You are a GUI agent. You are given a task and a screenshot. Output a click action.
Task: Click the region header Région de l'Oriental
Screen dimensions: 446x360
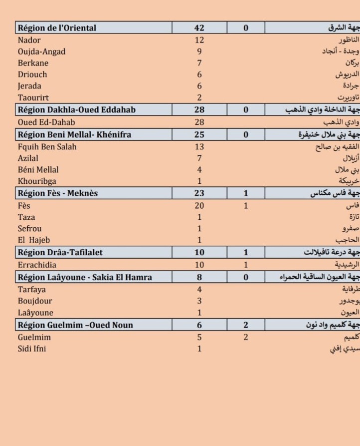click(57, 28)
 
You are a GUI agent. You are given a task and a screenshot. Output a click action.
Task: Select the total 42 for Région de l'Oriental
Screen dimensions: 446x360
click(199, 28)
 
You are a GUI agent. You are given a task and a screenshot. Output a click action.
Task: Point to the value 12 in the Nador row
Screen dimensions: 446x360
click(199, 40)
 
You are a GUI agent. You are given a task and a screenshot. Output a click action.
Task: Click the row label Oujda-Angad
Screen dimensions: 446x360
click(41, 51)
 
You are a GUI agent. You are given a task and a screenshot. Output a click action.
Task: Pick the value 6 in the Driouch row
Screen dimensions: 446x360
click(199, 74)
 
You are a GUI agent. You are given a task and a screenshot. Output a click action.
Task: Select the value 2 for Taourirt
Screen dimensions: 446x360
click(199, 97)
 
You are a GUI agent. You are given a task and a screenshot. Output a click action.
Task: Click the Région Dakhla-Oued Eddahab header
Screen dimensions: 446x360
click(76, 109)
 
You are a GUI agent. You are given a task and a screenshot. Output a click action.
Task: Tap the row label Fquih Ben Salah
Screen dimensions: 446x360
click(47, 147)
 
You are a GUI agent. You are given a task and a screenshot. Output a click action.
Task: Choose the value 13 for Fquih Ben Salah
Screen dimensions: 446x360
click(199, 147)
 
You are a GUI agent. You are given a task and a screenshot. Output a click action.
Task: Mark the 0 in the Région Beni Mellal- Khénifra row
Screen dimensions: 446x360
click(246, 135)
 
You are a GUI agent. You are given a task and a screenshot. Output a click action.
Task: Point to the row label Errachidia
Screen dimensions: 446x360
click(37, 265)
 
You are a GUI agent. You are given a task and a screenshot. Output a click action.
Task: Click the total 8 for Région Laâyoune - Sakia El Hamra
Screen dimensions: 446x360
click(199, 277)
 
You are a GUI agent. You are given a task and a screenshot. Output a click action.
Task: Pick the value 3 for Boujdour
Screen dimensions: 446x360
click(199, 301)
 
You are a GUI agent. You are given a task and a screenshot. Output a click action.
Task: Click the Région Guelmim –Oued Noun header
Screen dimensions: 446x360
click(75, 325)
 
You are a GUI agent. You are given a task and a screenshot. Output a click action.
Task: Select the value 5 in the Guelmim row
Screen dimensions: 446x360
click(199, 337)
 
